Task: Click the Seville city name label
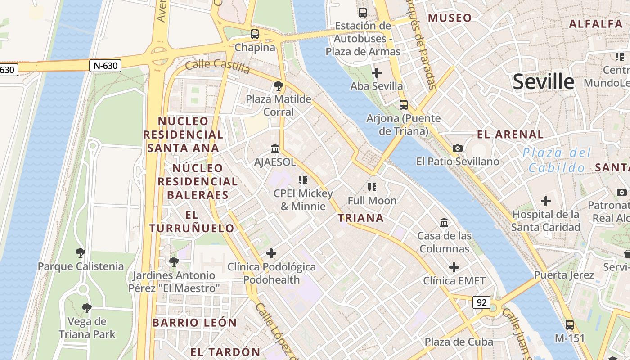click(544, 82)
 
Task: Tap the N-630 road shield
click(106, 66)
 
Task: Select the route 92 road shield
click(481, 302)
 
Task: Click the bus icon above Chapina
click(255, 34)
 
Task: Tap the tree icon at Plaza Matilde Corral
click(278, 85)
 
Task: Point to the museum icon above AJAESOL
click(274, 148)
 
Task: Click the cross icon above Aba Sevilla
click(377, 72)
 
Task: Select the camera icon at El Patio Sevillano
click(457, 148)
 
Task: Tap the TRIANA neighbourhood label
click(361, 218)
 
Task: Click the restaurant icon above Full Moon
click(372, 187)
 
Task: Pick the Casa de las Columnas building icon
click(444, 222)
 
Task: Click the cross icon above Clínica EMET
click(454, 267)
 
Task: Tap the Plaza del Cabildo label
click(557, 160)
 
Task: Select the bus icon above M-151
click(570, 324)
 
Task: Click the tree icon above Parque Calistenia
click(80, 252)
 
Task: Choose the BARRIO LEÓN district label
click(194, 323)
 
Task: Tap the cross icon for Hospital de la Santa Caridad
click(546, 201)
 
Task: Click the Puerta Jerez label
click(564, 275)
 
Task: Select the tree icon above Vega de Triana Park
click(86, 308)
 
